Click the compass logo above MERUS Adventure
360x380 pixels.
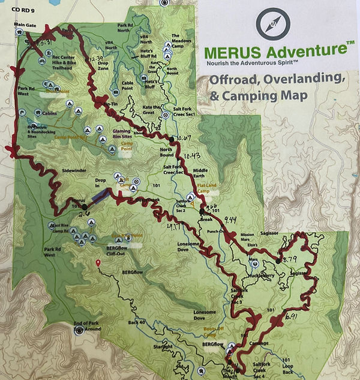272,24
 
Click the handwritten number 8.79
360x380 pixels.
289,259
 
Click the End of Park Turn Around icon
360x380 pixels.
79,331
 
